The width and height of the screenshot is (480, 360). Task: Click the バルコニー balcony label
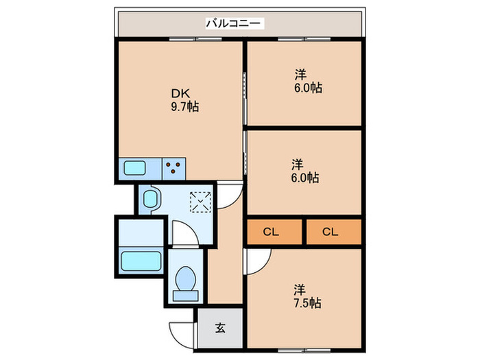coord(235,23)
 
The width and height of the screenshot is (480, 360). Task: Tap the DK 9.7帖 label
coord(184,100)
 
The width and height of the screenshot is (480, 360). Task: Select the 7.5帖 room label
coord(307,303)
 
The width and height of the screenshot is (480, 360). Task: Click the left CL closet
coord(274,232)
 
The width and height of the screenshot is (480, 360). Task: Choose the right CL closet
coord(334,232)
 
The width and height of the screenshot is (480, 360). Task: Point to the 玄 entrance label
coord(220,328)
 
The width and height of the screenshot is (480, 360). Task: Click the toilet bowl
coord(186,278)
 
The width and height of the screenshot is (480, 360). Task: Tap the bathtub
coord(141,261)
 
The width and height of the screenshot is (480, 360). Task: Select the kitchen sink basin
coord(134,168)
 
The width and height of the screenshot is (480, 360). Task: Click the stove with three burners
coord(173,169)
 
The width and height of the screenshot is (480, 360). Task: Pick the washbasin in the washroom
coord(150,199)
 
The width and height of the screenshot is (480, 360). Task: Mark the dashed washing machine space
coord(200,202)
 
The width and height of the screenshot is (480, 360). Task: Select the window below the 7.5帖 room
coord(304,350)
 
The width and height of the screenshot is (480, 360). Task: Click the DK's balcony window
coord(195,39)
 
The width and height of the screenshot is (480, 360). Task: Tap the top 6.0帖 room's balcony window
coord(304,39)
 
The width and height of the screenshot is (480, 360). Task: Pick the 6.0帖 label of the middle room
coord(305,178)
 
